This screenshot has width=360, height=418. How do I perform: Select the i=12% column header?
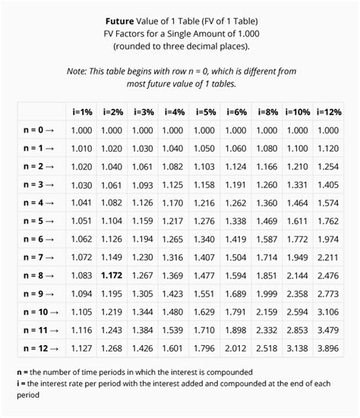tap(327, 112)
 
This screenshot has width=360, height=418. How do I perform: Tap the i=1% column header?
tap(82, 112)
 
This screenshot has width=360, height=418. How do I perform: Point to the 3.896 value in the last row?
tap(327, 349)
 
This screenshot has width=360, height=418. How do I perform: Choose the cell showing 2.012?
tap(235, 349)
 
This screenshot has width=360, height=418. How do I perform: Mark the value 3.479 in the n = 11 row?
tap(327, 331)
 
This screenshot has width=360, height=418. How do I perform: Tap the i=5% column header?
tap(204, 112)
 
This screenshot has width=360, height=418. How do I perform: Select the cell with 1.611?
tap(297, 221)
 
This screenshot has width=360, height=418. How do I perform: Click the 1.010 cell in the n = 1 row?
tap(81, 148)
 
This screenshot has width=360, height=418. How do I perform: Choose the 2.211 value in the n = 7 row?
tap(327, 257)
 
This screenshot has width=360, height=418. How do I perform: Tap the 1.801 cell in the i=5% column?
tap(204, 349)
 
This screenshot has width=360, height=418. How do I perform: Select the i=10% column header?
tap(297, 112)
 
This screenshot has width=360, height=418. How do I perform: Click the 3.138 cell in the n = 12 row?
tap(297, 349)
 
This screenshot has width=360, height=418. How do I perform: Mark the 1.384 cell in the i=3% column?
tap(142, 331)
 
